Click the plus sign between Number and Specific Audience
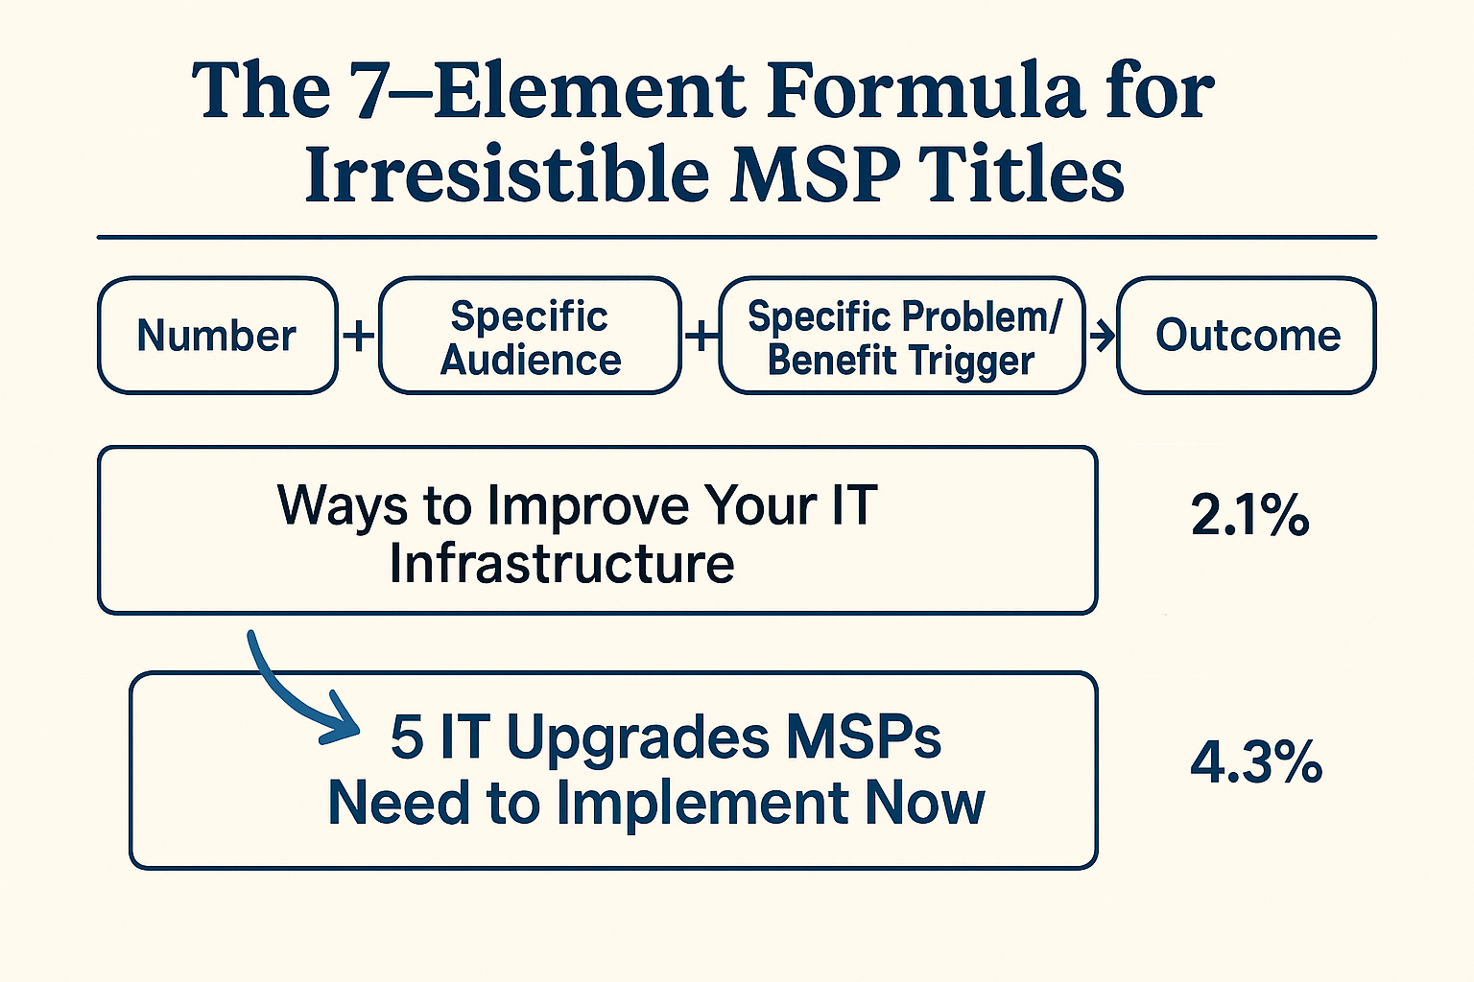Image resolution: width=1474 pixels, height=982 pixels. click(359, 336)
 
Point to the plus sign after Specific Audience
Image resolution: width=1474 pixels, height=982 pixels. click(701, 336)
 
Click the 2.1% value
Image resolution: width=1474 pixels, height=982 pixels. click(1249, 515)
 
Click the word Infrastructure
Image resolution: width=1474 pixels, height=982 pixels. click(561, 564)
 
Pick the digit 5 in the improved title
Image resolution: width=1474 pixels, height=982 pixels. click(407, 737)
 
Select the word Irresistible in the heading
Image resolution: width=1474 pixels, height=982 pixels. click(507, 173)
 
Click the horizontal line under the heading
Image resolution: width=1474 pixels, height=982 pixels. click(737, 238)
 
